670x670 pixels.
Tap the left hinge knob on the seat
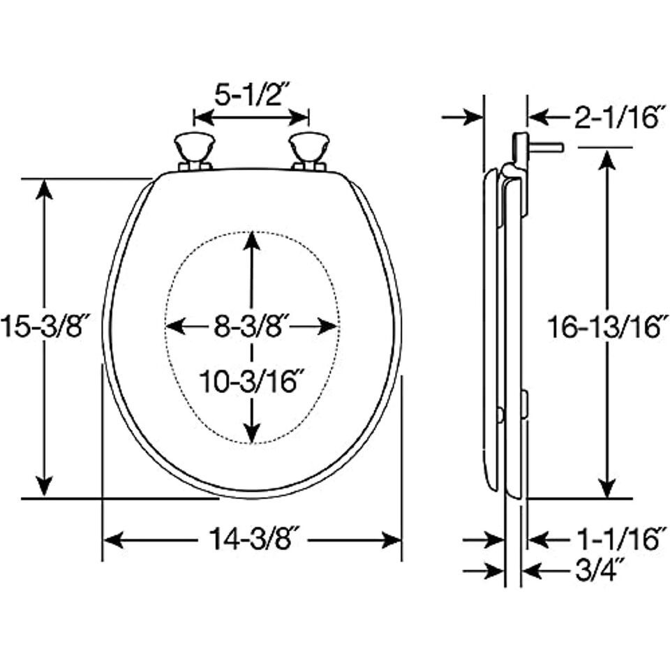(195, 151)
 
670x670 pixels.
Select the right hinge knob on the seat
(309, 151)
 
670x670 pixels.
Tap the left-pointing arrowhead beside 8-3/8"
(176, 327)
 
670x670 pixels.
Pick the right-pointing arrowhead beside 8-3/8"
(328, 327)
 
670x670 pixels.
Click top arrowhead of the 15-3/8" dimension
(44, 189)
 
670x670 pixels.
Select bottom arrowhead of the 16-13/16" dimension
(607, 488)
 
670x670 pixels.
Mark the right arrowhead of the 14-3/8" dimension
(391, 540)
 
